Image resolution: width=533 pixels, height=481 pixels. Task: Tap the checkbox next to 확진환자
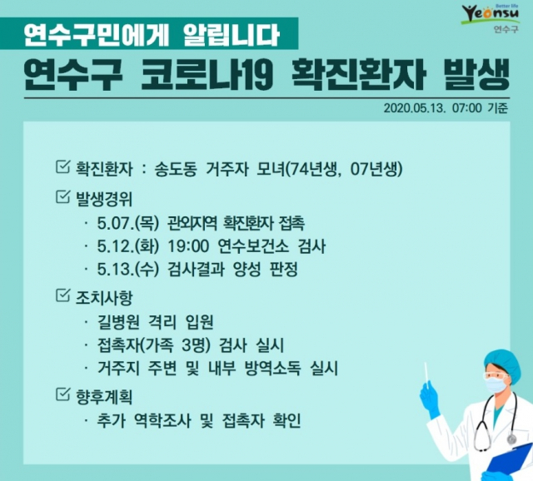point(63,166)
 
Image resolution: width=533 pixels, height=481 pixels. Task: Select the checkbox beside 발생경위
point(63,196)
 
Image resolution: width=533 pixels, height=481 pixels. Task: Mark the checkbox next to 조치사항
point(63,295)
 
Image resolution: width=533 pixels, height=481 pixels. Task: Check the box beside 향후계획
point(63,394)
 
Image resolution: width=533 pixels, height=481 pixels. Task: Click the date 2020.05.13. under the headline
point(415,108)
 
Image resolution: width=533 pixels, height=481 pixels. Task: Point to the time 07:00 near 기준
point(466,108)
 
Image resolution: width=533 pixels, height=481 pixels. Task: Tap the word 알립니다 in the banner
point(231,35)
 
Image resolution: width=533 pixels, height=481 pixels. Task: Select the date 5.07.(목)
point(128,223)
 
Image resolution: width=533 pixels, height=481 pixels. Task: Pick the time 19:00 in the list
point(188,246)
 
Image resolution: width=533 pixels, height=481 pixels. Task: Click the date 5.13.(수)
point(128,270)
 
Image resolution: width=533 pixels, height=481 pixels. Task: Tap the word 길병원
point(118,322)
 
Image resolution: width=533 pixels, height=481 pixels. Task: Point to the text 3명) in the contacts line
point(197,345)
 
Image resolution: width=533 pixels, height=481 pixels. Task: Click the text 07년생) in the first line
point(376,169)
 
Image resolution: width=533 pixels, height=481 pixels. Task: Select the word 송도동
point(176,169)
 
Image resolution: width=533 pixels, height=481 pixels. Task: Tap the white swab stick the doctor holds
point(426,374)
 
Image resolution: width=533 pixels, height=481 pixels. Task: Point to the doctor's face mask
point(496,384)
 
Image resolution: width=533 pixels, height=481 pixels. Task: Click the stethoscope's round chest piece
point(511,440)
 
